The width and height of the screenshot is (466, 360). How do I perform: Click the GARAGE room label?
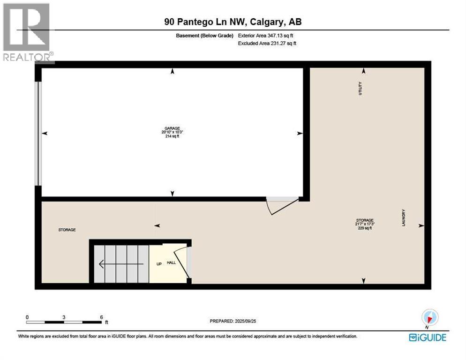[172, 128]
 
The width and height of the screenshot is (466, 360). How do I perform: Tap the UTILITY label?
[361, 89]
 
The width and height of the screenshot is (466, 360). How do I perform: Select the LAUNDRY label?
[403, 218]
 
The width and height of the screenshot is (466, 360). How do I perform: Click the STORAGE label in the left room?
[67, 230]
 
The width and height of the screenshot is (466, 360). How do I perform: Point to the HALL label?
[172, 262]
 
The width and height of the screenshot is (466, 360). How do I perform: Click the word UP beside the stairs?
[159, 264]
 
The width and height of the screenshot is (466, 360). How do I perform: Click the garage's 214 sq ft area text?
[172, 136]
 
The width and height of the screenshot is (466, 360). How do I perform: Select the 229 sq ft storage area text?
[364, 228]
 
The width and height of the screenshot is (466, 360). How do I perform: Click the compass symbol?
[429, 317]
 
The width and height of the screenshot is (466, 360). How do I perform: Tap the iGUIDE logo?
[427, 337]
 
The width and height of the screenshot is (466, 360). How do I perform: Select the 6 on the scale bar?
[101, 317]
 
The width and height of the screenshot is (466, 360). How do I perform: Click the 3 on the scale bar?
[64, 317]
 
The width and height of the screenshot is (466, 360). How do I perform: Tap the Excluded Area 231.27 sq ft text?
[267, 43]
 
